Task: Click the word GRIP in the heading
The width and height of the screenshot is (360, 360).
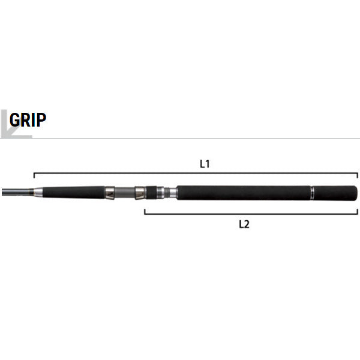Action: coord(28,119)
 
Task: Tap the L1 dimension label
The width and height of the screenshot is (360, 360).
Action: coord(205,164)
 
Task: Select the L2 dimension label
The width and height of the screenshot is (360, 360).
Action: coord(244,224)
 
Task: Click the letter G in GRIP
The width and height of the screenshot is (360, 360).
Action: coord(14,119)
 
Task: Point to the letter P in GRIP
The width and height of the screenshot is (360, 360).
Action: coord(41,119)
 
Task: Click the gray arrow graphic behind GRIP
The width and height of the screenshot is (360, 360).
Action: coord(16,124)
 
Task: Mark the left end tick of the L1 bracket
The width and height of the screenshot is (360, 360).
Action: coord(34,175)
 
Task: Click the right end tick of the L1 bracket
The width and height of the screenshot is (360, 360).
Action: coord(357,175)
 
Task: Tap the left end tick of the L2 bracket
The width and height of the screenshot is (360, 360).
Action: coord(145,212)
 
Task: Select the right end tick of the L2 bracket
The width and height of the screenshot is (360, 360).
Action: coord(357,212)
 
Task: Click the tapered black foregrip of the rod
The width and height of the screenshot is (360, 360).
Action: coord(74,193)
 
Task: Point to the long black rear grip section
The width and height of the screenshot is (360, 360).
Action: coord(244,193)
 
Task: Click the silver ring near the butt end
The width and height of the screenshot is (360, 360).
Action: coord(312,193)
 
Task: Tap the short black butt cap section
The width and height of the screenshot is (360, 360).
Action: coord(335,193)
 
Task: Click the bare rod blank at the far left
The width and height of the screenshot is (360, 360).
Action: coord(16,192)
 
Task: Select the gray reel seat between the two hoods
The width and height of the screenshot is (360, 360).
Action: coord(125,193)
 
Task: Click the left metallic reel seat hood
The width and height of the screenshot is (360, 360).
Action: coord(110,193)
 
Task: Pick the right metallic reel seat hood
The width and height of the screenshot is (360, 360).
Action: coord(140,193)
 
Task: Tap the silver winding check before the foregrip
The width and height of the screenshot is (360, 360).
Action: coord(38,193)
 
